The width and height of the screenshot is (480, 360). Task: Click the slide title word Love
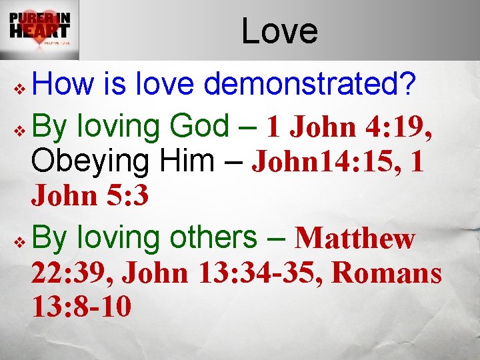(279, 31)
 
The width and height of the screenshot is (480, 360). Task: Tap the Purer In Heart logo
(40, 30)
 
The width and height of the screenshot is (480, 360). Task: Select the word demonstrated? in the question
(311, 86)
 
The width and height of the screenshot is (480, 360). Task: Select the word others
(214, 237)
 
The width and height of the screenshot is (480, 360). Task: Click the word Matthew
(355, 238)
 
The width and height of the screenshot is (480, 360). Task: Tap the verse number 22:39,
(73, 273)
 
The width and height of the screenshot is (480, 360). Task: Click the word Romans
(387, 273)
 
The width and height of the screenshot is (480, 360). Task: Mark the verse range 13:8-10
(81, 308)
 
